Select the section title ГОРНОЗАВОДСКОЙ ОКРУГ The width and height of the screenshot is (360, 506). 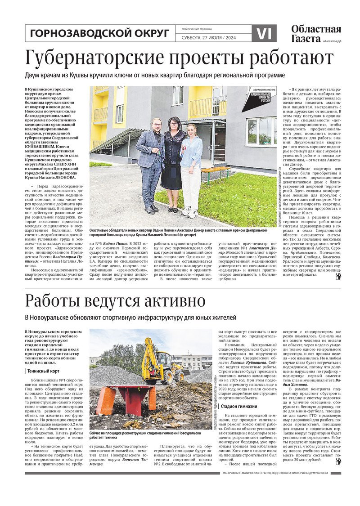coord(99,33)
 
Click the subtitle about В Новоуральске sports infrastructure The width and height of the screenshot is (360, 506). coord(130,318)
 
